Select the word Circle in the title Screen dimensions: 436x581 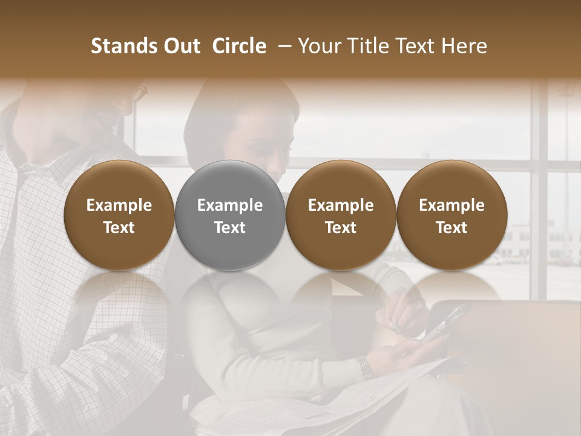coord(239,46)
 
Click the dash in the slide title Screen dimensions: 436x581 coord(282,46)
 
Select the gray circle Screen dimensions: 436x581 coord(230,215)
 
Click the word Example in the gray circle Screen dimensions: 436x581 coord(230,205)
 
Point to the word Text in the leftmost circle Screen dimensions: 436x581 coord(119,228)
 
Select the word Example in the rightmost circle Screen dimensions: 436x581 coord(451,205)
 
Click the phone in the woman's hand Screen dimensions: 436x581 coord(446,321)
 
